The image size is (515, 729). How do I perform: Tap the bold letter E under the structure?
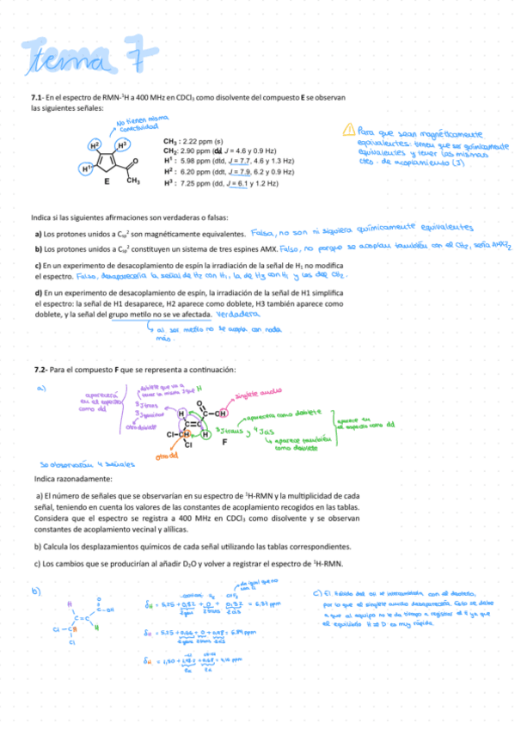[x=107, y=182]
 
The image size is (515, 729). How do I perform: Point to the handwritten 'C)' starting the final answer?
[x=318, y=592]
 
